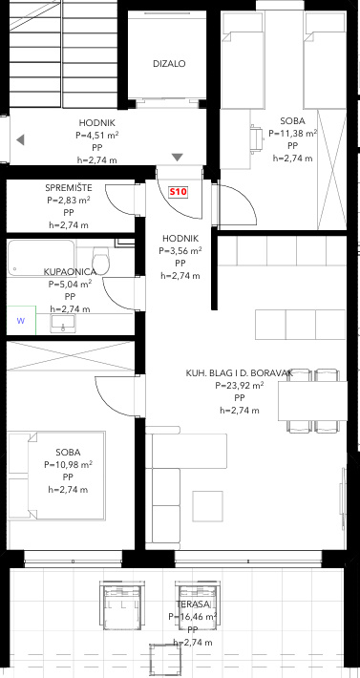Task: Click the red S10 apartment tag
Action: [x=178, y=192]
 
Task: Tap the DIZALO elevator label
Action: [x=169, y=64]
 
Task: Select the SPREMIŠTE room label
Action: [x=69, y=188]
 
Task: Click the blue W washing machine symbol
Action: [x=21, y=321]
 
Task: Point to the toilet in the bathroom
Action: [x=101, y=260]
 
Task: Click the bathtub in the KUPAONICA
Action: [x=41, y=258]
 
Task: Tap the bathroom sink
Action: [x=63, y=324]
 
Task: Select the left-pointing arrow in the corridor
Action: [x=20, y=140]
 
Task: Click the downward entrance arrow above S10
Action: [x=178, y=157]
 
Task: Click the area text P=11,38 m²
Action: [x=293, y=133]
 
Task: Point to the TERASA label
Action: [x=193, y=604]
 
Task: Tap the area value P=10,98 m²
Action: [x=69, y=465]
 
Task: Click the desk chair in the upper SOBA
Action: [x=256, y=138]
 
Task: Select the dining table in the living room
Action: [x=312, y=401]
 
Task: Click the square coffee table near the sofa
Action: [x=208, y=506]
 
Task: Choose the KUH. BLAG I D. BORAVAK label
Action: [x=240, y=372]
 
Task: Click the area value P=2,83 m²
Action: [x=69, y=201]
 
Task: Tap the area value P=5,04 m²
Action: [x=70, y=285]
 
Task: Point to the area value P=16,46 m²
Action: [x=193, y=617]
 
